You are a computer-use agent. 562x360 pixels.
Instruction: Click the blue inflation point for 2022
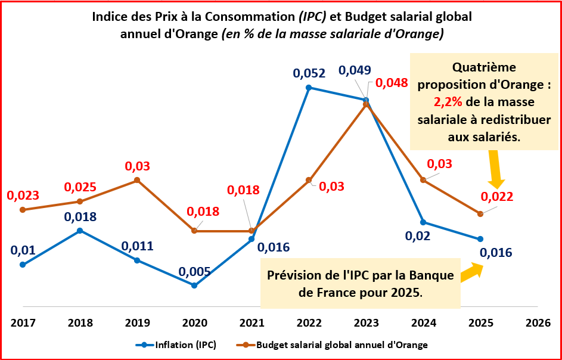[x=309, y=88]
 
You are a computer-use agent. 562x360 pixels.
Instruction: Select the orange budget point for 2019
[x=137, y=180]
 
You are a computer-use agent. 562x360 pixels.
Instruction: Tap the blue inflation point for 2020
[x=194, y=285]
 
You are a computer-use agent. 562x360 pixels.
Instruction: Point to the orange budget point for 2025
[x=480, y=214]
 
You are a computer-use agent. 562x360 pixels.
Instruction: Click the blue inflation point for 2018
[x=80, y=231]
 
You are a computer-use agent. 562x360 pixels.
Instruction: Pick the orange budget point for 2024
[x=423, y=180]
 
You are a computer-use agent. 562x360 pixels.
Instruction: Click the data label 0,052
[x=309, y=73]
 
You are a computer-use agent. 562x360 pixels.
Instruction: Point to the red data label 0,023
[x=23, y=195]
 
